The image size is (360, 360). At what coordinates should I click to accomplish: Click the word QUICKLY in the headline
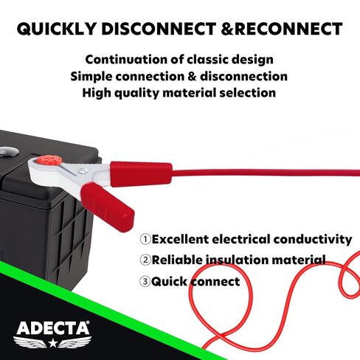click(x=56, y=29)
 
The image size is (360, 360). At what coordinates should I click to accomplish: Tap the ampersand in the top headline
click(x=227, y=29)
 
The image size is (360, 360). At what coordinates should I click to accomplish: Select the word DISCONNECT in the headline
click(x=159, y=29)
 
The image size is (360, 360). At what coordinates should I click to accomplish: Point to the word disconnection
click(x=243, y=76)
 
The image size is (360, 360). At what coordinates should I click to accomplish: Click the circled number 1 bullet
click(x=145, y=239)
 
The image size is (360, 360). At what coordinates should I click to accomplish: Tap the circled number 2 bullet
click(x=145, y=260)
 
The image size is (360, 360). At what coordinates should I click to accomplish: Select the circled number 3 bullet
click(x=145, y=281)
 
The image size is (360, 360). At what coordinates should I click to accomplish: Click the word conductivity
click(x=313, y=240)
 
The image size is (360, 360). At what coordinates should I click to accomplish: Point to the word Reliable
click(x=177, y=260)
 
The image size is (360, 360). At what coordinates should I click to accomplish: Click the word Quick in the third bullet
click(x=169, y=282)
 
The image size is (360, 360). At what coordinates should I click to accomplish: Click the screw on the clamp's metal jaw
click(x=83, y=170)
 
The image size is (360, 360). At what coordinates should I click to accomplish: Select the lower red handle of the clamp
click(x=108, y=207)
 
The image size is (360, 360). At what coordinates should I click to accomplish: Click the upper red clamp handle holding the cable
click(x=141, y=174)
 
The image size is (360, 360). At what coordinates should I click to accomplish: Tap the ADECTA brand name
click(x=53, y=328)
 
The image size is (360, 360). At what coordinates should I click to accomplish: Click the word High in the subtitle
click(x=96, y=93)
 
